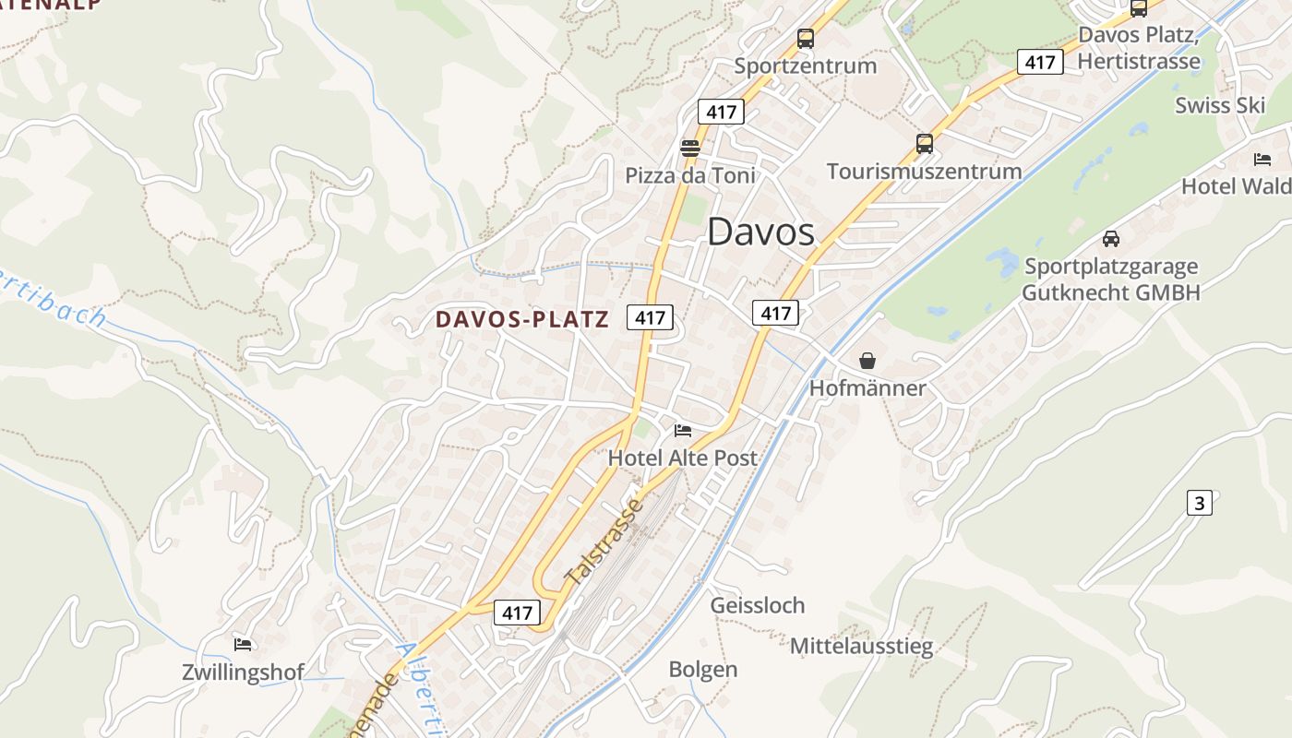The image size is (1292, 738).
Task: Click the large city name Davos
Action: click(761, 232)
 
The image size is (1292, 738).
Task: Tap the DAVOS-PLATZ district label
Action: click(522, 319)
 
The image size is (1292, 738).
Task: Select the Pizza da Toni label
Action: click(689, 175)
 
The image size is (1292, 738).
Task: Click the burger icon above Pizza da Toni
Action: click(689, 148)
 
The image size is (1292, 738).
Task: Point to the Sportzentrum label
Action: click(805, 65)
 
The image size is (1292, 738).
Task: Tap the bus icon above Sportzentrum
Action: click(806, 39)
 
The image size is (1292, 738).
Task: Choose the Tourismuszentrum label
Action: click(924, 172)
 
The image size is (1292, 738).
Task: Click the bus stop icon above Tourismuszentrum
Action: click(925, 144)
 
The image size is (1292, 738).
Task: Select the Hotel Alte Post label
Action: click(682, 458)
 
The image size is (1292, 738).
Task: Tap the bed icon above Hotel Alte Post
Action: click(683, 430)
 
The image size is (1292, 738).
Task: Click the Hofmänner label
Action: click(867, 388)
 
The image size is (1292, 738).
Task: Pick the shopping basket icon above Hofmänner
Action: click(867, 361)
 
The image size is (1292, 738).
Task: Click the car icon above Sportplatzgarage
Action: click(1111, 239)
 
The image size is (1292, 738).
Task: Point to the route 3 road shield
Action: click(1199, 503)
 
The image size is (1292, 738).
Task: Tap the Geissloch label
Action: click(757, 605)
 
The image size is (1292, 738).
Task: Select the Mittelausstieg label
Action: click(861, 646)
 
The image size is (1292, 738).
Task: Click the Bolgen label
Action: click(703, 670)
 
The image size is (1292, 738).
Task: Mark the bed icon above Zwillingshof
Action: click(243, 644)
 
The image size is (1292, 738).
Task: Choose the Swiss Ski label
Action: click(1219, 105)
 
